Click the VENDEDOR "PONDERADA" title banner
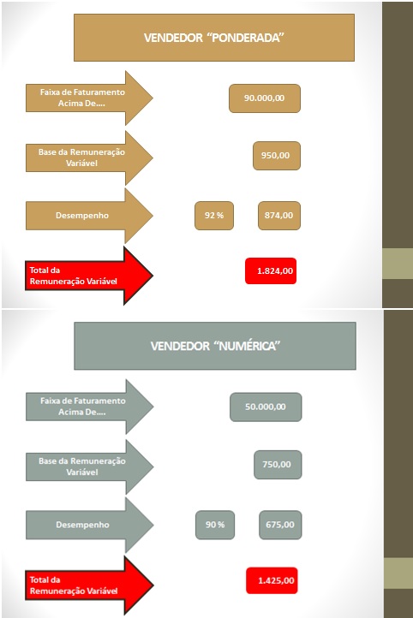[x=214, y=38]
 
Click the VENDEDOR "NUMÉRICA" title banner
[x=215, y=346]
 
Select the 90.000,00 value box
[x=265, y=98]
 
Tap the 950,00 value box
[x=277, y=156]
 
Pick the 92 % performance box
[x=214, y=216]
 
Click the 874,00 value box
[x=279, y=216]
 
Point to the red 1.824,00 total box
[x=271, y=270]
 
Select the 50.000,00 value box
[x=266, y=407]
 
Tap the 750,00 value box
[x=278, y=465]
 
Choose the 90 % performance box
[x=215, y=525]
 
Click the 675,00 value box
[x=280, y=525]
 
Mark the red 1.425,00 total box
[x=272, y=580]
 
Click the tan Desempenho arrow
[x=89, y=216]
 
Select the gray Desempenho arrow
[x=89, y=525]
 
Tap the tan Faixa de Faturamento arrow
[x=89, y=98]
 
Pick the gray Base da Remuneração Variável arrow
[x=89, y=467]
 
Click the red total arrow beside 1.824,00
[x=89, y=276]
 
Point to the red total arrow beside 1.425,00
[x=89, y=585]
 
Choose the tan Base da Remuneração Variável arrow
[x=89, y=157]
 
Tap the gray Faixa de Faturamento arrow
[x=89, y=407]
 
